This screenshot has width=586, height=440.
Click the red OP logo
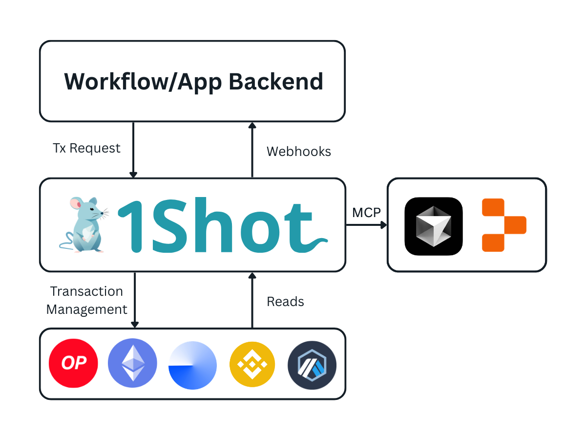[x=73, y=364]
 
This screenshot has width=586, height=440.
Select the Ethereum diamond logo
[x=132, y=364]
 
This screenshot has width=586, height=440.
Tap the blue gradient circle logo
[x=192, y=365]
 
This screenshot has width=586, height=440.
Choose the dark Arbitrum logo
[x=312, y=364]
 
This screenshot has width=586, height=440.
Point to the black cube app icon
[x=434, y=226]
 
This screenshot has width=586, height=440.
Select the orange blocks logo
[x=503, y=225]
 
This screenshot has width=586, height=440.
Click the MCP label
[x=366, y=213]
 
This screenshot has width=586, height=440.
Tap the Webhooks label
[x=299, y=152]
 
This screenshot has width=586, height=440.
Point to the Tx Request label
[x=86, y=148]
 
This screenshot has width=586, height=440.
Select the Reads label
[x=285, y=302]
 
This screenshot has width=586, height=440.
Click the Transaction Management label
[x=87, y=300]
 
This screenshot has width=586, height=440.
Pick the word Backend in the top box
[x=276, y=81]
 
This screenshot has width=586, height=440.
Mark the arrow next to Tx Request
[x=133, y=150]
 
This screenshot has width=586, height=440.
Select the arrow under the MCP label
[x=366, y=225]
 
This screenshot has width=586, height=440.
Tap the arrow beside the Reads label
[x=252, y=300]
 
